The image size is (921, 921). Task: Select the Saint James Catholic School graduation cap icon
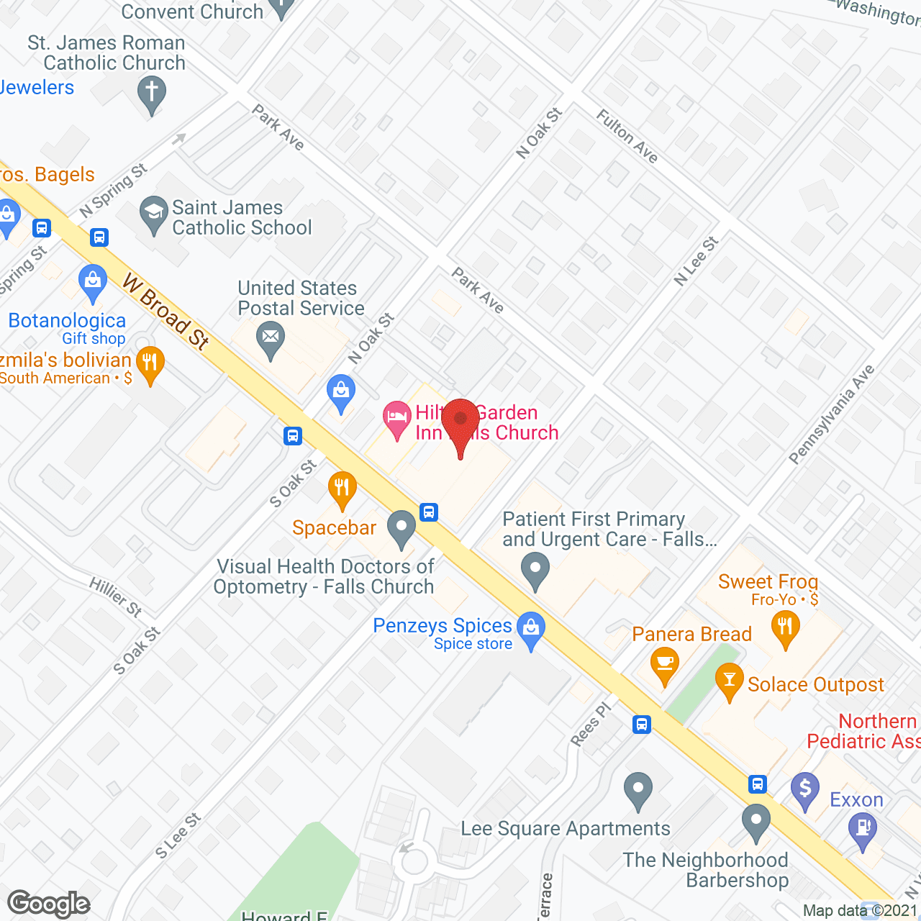click(x=153, y=213)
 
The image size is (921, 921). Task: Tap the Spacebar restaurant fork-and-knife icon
click(x=342, y=489)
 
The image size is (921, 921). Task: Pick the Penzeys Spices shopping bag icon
click(x=531, y=629)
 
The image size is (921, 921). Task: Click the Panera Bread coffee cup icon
click(x=664, y=663)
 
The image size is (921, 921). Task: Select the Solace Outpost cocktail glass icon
click(x=730, y=681)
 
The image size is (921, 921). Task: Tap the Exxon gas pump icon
click(x=863, y=828)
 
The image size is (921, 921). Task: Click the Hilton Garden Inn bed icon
click(x=396, y=418)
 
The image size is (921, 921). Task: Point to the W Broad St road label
click(x=165, y=312)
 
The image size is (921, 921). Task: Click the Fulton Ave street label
click(x=627, y=137)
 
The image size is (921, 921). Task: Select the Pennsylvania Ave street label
click(x=832, y=414)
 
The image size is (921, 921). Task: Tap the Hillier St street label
click(x=116, y=596)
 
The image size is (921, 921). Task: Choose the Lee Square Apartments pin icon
click(x=638, y=789)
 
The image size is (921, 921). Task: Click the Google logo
click(x=48, y=904)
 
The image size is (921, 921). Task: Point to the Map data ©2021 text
click(x=860, y=910)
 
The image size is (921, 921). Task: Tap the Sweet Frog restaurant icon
click(x=785, y=627)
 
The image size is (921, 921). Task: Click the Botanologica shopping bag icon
click(x=93, y=281)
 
